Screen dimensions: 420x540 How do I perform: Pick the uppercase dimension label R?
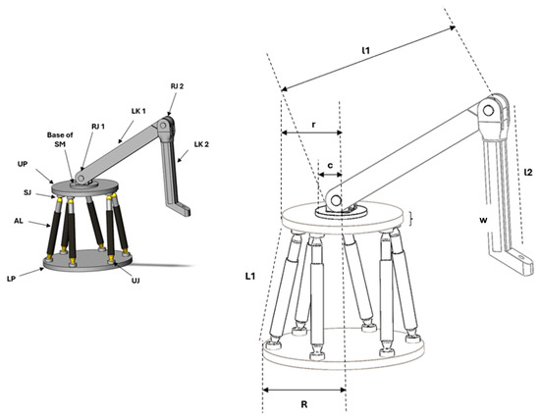(303, 403)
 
